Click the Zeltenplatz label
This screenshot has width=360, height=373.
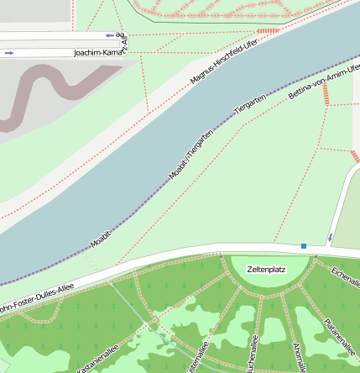click(x=267, y=270)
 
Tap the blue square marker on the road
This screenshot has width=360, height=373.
click(x=304, y=246)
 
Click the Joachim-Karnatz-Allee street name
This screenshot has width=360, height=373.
click(x=100, y=52)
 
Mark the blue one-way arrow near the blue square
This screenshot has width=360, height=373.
click(x=330, y=239)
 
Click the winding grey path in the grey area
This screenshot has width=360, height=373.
click(x=50, y=84)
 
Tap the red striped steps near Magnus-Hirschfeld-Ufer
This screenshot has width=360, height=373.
click(x=268, y=31)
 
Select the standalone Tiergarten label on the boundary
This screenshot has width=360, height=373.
click(x=249, y=105)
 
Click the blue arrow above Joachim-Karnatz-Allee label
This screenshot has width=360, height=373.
click(x=110, y=35)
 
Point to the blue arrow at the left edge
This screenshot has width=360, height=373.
click(x=8, y=53)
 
